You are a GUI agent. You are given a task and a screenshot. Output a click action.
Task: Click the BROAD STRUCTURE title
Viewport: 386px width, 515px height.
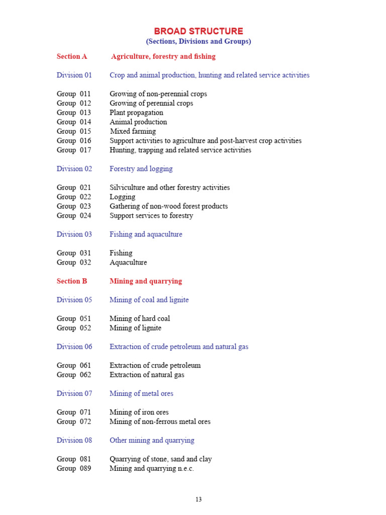[x=198, y=31]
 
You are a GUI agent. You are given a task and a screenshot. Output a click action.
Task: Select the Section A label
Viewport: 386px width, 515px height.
[x=72, y=56]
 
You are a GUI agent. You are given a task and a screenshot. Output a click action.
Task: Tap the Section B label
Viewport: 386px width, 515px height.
[x=72, y=281]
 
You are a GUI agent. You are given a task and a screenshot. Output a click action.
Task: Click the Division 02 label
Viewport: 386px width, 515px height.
[x=74, y=168]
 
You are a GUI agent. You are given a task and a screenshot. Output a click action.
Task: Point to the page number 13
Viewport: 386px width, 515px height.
[x=199, y=499]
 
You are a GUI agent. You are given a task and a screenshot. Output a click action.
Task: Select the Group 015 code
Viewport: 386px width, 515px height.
[x=74, y=131]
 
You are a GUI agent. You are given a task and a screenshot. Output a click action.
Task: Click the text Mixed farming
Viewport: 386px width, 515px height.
[x=133, y=131]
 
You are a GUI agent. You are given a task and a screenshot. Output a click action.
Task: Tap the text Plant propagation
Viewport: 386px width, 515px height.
[x=136, y=113]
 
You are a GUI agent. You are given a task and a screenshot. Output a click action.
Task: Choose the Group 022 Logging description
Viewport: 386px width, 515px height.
[x=122, y=197]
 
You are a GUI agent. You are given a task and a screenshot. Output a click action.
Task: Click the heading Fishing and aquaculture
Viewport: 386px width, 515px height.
[x=146, y=234]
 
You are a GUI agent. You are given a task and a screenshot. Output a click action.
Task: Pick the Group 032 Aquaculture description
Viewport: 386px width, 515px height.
[x=128, y=263]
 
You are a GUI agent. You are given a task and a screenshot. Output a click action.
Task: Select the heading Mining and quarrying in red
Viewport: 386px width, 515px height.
[x=146, y=281]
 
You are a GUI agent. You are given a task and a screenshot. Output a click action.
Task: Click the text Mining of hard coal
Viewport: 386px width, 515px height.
[x=140, y=318]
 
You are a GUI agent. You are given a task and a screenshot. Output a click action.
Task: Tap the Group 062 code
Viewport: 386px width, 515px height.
[x=74, y=375]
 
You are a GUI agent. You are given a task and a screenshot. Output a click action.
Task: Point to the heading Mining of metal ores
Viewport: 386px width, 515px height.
[x=141, y=393]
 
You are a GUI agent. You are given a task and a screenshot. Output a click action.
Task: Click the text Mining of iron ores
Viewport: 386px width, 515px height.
[x=139, y=412]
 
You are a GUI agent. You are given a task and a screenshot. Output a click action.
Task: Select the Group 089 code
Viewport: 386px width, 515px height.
[x=74, y=468]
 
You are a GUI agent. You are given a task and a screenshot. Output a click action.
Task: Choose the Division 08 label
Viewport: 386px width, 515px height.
[x=74, y=440]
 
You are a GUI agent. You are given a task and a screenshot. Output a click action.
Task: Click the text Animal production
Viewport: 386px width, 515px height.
[x=138, y=122]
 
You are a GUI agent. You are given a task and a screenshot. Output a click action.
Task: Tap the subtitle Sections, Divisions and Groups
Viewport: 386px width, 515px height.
[x=198, y=41]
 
